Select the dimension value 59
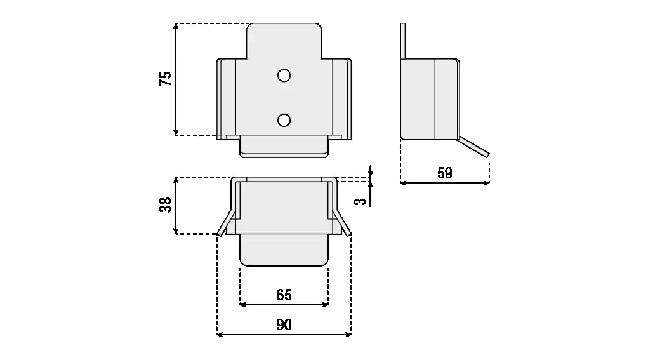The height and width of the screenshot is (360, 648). pos(445,173)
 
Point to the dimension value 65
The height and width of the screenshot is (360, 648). pos(284,295)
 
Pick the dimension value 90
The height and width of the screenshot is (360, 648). pos(284,325)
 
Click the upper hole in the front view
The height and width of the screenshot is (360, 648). pos(284,76)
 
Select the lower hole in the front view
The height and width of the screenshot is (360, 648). pos(284,119)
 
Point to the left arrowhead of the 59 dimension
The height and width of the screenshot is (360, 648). pos(404,183)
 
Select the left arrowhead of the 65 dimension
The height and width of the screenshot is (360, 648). pos(242,305)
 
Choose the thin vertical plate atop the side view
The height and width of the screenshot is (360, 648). pos(402,41)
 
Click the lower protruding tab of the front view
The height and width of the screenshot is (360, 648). pos(284,147)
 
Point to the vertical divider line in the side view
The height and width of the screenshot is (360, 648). pos(435,99)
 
